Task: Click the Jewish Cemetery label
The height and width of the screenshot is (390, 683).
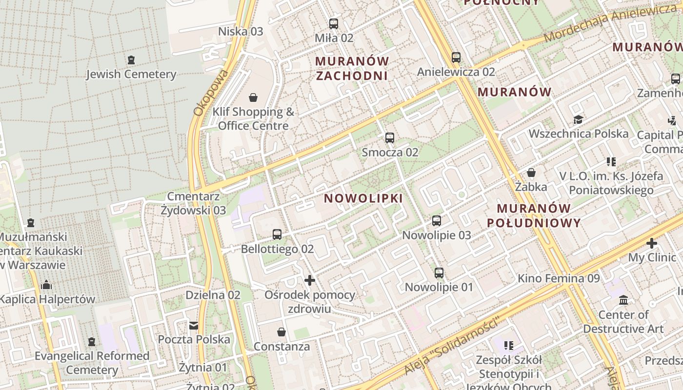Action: tap(131, 74)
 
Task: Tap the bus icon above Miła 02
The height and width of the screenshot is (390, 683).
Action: tap(334, 23)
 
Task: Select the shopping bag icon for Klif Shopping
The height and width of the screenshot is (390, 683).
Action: tap(253, 97)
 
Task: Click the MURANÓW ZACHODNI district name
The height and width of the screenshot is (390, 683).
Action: tap(352, 68)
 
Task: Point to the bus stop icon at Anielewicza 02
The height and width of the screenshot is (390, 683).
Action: tap(456, 58)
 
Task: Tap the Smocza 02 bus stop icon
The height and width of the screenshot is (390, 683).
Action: tap(389, 138)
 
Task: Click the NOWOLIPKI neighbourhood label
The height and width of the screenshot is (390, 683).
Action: tap(363, 198)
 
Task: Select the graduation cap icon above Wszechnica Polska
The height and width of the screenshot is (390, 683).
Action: tap(578, 119)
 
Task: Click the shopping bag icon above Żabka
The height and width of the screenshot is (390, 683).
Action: tap(531, 173)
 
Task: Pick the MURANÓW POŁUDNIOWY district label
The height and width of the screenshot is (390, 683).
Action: tap(534, 215)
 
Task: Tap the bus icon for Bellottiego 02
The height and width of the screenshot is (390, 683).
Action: tap(277, 234)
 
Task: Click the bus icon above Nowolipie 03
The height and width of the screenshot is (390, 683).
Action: tap(437, 221)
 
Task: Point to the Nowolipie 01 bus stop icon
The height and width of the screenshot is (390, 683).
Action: tap(439, 273)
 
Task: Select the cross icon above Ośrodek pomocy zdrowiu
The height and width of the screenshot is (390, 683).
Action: tap(310, 280)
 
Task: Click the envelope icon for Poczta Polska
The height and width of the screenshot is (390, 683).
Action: tap(194, 325)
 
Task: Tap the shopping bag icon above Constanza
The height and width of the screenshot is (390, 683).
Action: tap(281, 332)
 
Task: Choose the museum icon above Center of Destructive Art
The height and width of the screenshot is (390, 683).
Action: tap(623, 300)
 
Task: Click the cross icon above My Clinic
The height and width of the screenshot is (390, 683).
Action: tap(652, 243)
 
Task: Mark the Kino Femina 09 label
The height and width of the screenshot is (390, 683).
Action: tap(558, 278)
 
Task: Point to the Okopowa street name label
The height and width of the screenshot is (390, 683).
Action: tap(211, 93)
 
